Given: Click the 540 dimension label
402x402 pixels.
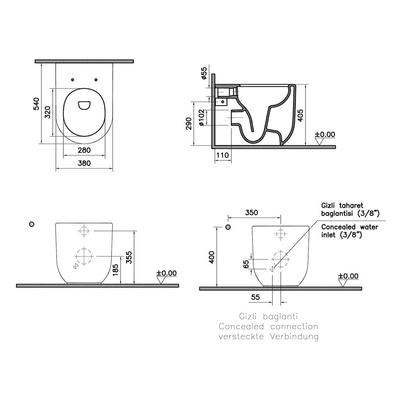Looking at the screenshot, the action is (37, 104).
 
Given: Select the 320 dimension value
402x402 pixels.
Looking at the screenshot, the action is (48, 112).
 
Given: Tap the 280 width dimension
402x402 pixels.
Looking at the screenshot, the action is (84, 150).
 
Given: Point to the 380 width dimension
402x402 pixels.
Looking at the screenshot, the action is (84, 163).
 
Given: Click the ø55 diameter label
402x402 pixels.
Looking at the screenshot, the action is (204, 73).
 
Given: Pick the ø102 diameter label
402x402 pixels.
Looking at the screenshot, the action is (202, 117).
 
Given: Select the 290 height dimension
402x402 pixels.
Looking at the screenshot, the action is (189, 124).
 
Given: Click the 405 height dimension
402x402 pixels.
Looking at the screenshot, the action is (301, 116).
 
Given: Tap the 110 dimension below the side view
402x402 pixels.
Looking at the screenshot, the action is (223, 155).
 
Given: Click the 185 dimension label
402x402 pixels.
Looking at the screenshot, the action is (116, 270).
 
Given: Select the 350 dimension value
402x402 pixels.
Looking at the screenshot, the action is (251, 213).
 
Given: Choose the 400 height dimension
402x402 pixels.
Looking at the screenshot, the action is (212, 257).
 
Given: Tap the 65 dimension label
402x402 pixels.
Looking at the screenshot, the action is (246, 264).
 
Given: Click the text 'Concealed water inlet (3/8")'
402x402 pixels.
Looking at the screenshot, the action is (350, 231).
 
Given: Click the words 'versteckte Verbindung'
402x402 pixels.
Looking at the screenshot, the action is (268, 336).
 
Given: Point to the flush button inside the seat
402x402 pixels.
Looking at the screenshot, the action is (84, 106).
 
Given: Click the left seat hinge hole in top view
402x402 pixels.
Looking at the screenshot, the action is (73, 80).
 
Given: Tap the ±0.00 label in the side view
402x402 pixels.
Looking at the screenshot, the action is (325, 134).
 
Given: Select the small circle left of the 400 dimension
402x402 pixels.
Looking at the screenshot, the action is (228, 227).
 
